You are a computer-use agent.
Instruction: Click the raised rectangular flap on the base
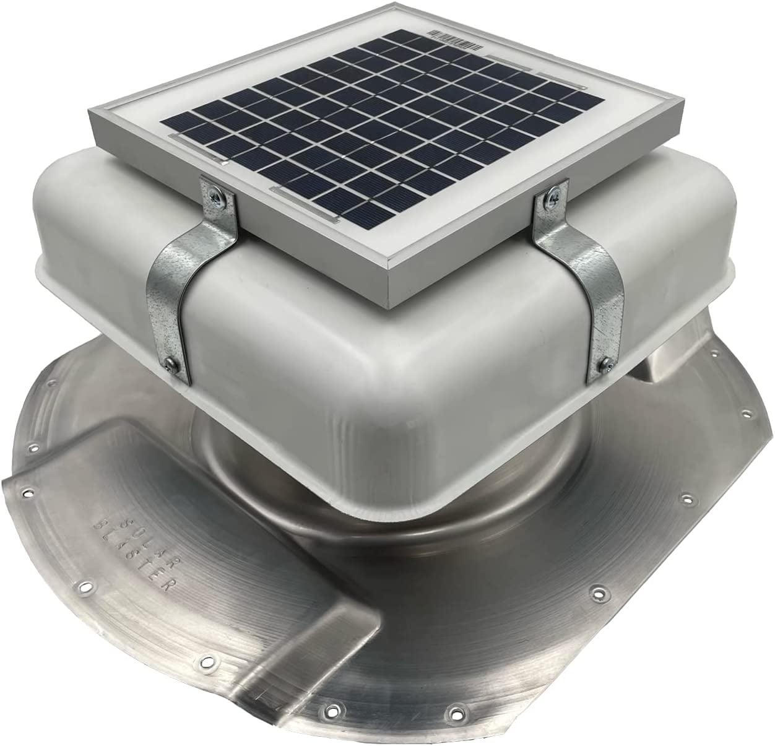point(186,570)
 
